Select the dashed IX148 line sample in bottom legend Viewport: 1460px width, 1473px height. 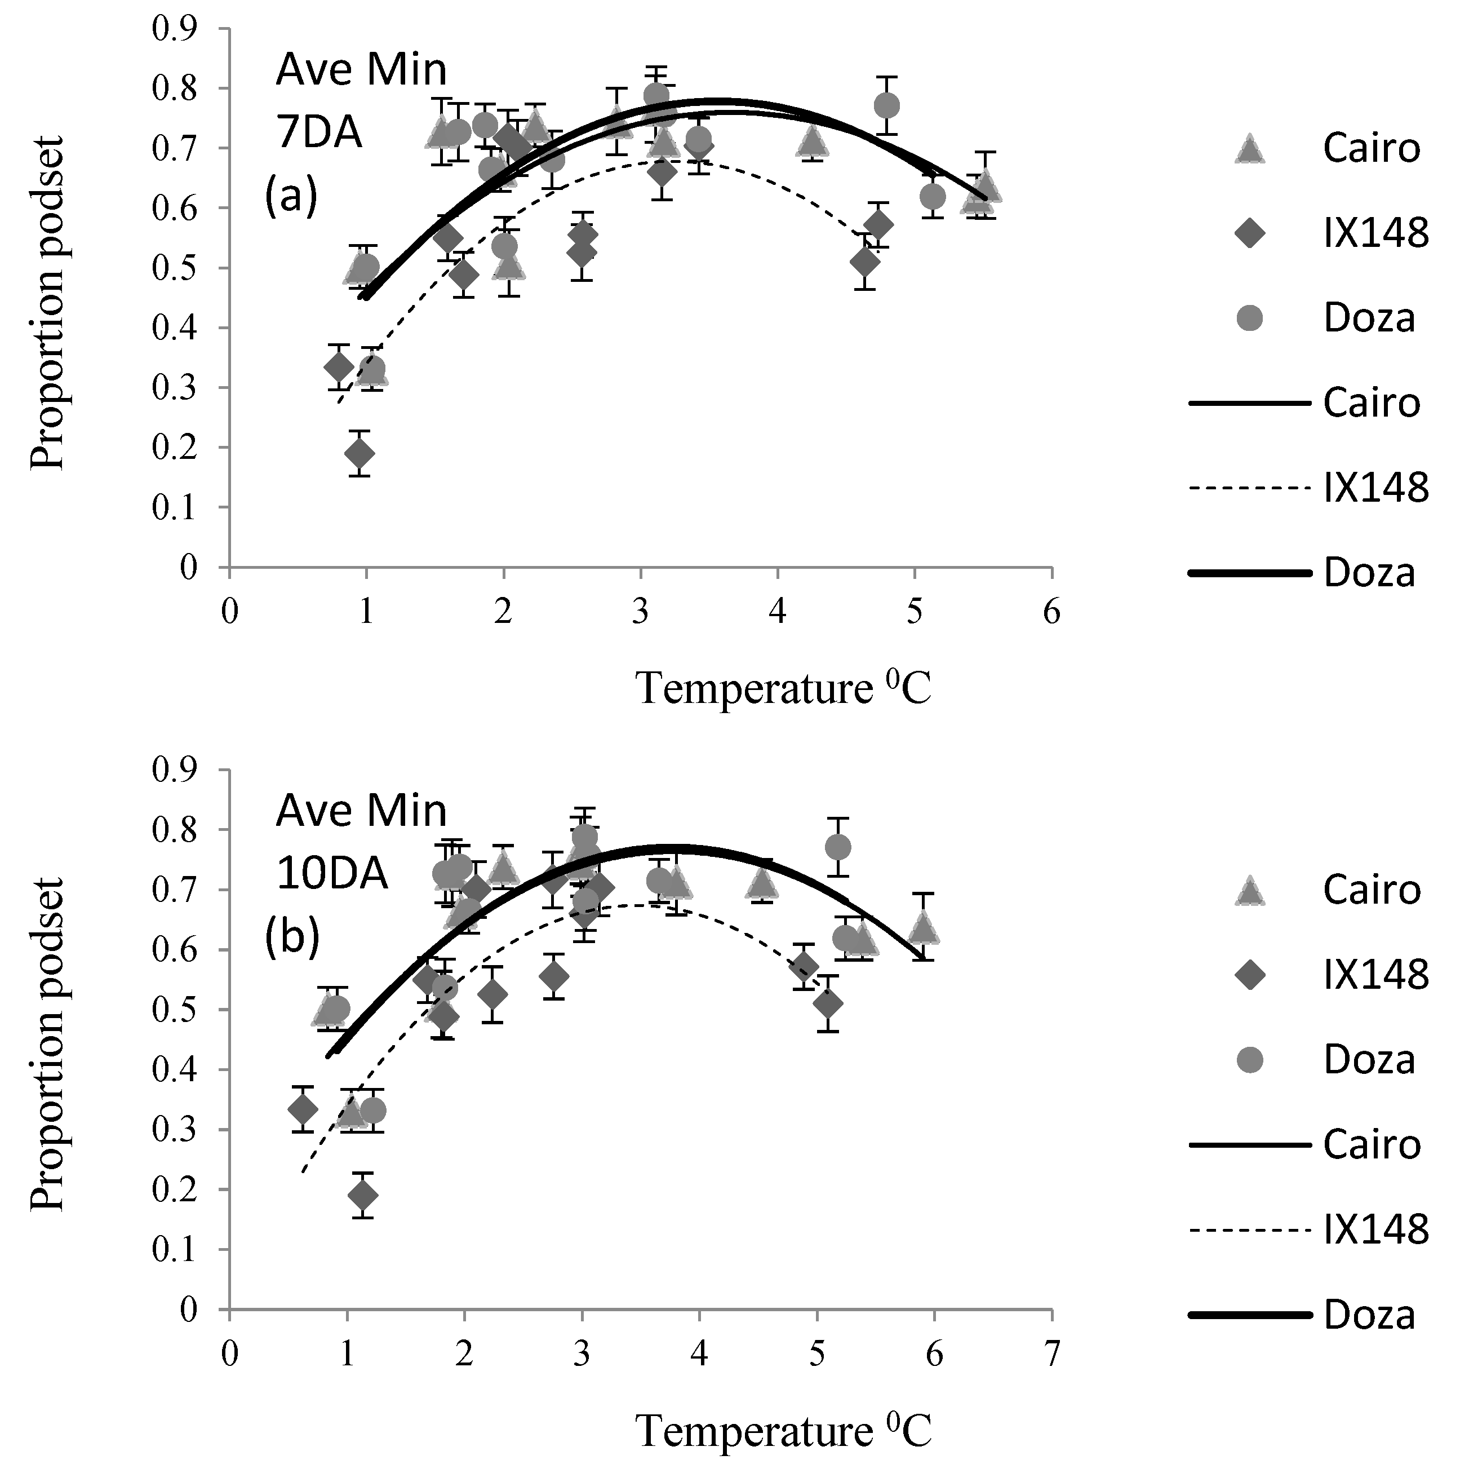point(1248,1230)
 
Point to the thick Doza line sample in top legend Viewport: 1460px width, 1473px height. point(1248,573)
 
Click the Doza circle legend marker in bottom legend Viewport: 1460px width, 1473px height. point(1248,1060)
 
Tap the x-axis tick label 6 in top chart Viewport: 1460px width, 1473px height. point(1051,612)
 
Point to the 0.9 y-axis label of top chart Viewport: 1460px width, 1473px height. point(175,29)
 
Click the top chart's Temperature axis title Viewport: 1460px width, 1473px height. point(783,688)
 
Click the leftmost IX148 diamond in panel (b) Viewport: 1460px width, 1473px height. point(303,1109)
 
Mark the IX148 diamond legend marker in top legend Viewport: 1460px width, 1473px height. point(1248,233)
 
